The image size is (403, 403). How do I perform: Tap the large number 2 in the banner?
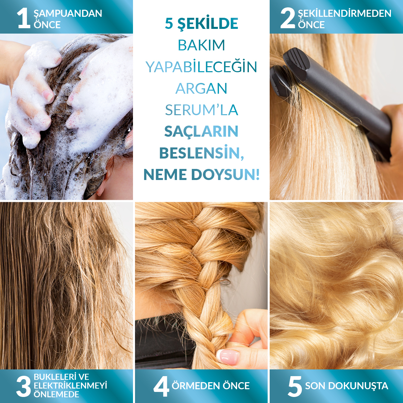[x=288, y=18]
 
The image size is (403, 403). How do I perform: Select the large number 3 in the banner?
[x=24, y=386]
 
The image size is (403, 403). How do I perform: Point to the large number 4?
[x=161, y=386]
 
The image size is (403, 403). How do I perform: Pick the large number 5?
[x=295, y=386]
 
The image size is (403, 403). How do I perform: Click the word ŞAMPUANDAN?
[x=68, y=14]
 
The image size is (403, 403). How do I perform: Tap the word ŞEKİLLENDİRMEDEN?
[x=345, y=13]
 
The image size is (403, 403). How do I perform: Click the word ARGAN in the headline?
[x=201, y=89]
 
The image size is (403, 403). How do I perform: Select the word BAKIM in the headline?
[x=201, y=45]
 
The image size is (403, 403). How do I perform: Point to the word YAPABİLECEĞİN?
[x=201, y=66]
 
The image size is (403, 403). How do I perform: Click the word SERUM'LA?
[x=201, y=110]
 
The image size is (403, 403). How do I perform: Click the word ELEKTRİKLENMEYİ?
[x=70, y=386]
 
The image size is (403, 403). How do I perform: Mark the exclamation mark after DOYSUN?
[x=258, y=175]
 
